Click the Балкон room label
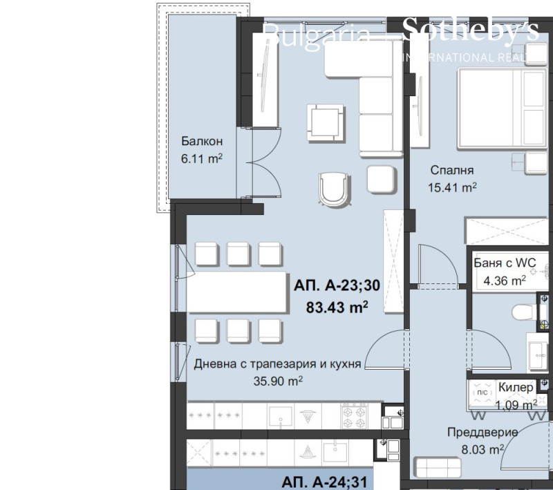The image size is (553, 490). (202, 142)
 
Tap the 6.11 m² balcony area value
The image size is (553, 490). (202, 158)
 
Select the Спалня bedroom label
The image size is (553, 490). (451, 170)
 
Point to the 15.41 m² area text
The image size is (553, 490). (453, 187)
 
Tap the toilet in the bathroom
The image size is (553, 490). (525, 312)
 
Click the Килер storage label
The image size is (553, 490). (516, 388)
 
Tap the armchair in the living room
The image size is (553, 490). (335, 188)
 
